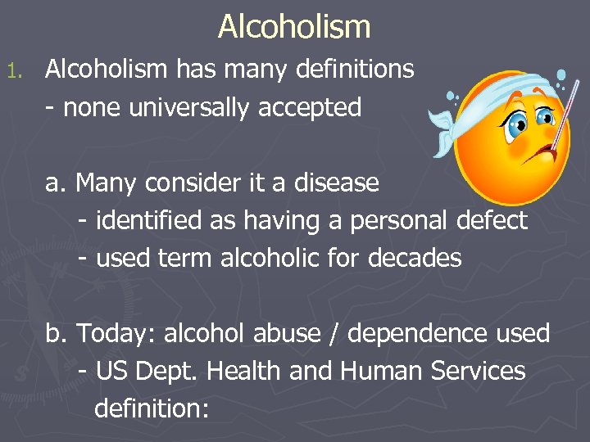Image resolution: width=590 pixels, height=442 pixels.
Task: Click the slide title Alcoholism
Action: (x=294, y=27)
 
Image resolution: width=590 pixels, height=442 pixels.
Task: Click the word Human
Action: (x=382, y=371)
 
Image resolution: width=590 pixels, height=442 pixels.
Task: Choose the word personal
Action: (x=392, y=220)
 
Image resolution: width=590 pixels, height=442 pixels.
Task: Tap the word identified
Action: (x=140, y=220)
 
